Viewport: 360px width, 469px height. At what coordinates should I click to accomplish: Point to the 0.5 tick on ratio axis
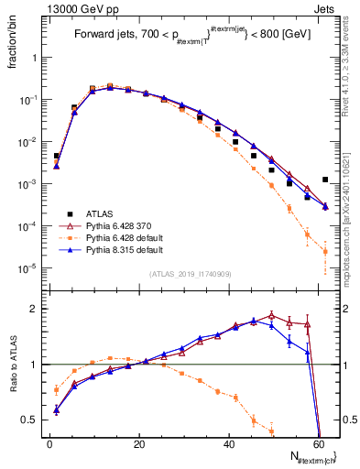click(33, 420)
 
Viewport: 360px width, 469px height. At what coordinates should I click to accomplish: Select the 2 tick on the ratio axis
click(37, 309)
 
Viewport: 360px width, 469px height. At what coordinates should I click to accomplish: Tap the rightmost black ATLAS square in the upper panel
click(325, 180)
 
